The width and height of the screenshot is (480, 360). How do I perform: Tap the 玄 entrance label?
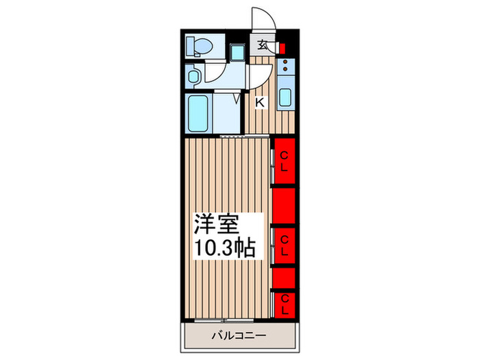pos(262,45)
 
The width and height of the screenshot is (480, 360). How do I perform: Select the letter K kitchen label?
pos(260,102)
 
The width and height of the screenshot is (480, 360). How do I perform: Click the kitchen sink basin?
pos(285,97)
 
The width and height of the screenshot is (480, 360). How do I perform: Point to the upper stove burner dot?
pos(286,62)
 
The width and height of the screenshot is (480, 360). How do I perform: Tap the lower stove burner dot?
pos(286,69)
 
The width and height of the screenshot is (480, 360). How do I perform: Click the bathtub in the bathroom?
pos(198,113)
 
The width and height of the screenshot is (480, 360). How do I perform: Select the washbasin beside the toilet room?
pos(193,76)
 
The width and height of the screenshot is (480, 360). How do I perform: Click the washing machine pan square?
pos(237,52)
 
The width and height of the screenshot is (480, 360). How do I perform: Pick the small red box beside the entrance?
pos(283,49)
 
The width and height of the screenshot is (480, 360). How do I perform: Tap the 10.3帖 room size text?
pos(225,248)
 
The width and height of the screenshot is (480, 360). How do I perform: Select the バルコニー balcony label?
pos(239,336)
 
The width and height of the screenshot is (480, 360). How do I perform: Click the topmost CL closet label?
pos(284,162)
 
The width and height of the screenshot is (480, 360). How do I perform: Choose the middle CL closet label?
pos(285,245)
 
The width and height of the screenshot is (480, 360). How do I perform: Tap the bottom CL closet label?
pos(285,304)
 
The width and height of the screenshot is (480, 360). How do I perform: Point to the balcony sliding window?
pos(224,320)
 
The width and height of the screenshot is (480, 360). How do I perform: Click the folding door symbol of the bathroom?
pos(237,98)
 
